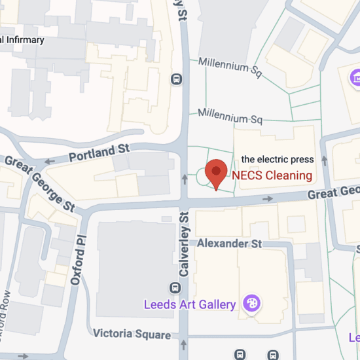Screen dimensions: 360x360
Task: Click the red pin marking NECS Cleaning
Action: [216, 172]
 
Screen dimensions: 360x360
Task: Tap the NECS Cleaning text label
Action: [272, 175]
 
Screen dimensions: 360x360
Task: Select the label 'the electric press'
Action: [278, 159]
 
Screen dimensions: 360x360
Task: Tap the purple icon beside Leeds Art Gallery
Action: [251, 304]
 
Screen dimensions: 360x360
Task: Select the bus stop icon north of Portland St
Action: [175, 79]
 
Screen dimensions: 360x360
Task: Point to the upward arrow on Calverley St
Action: [184, 177]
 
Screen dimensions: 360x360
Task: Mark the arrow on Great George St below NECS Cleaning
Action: [268, 198]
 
